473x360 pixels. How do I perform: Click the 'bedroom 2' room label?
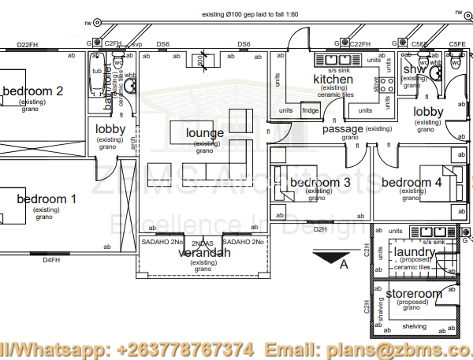coord(32,91)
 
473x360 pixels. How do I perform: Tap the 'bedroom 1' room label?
coord(47,199)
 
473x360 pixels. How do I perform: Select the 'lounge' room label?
coord(205,133)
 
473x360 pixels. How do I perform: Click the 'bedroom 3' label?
coord(319,183)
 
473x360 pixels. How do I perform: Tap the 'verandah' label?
coord(204,253)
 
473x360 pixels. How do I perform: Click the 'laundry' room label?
coord(414,252)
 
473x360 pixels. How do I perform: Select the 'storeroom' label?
coord(414,294)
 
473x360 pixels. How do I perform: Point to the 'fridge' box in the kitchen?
coord(311,111)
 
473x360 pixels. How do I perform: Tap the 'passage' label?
coord(343,128)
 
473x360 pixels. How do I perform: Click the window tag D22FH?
coord(28,45)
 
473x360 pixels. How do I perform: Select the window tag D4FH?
coord(51,259)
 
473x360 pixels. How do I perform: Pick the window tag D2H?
coord(319,229)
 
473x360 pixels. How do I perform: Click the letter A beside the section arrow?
coord(343,265)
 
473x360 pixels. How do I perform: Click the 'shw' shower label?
coord(414,71)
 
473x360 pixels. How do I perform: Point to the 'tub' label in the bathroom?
coord(97,70)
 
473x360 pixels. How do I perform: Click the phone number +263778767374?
coord(185,348)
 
